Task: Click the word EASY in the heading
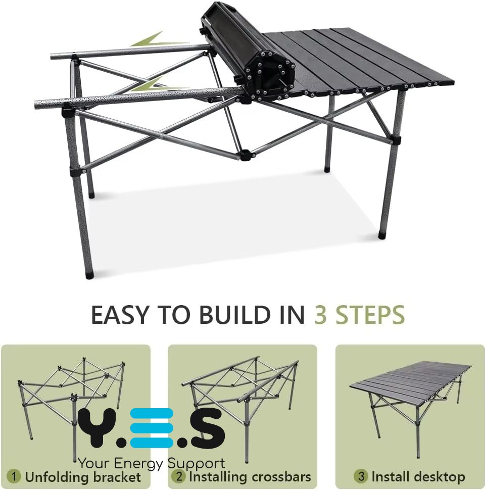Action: click(x=119, y=315)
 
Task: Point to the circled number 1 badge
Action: click(x=14, y=476)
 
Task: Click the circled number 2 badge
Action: click(x=178, y=476)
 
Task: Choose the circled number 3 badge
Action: click(x=361, y=476)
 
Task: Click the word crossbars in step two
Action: click(x=281, y=477)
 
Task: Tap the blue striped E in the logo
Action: click(x=152, y=427)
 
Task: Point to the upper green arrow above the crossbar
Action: click(x=160, y=40)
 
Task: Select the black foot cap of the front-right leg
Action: click(x=382, y=235)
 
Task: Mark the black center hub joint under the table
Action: click(x=246, y=155)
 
